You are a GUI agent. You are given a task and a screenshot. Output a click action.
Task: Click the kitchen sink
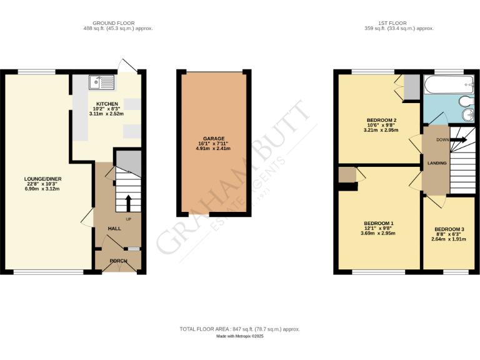tap(102, 81)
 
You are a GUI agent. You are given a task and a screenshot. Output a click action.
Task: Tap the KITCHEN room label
tap(107, 104)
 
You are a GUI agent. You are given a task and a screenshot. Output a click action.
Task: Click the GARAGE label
tap(213, 138)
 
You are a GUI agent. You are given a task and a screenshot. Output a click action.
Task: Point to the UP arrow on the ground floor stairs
tap(129, 203)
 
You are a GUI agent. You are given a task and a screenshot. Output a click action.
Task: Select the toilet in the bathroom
tap(466, 101)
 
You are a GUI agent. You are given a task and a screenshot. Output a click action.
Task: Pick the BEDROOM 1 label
tap(379, 223)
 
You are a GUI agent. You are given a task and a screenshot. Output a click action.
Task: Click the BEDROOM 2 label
tap(381, 120)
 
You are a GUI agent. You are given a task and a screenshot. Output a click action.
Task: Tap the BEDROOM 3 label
tap(449, 229)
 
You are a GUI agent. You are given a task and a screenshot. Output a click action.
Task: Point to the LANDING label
tap(436, 163)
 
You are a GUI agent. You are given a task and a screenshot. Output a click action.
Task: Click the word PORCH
tap(118, 261)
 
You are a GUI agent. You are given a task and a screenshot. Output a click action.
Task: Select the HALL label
tap(114, 229)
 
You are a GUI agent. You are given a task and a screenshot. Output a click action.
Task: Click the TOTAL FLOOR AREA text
tap(239, 329)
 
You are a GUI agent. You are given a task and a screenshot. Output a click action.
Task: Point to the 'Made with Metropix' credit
tap(240, 336)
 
